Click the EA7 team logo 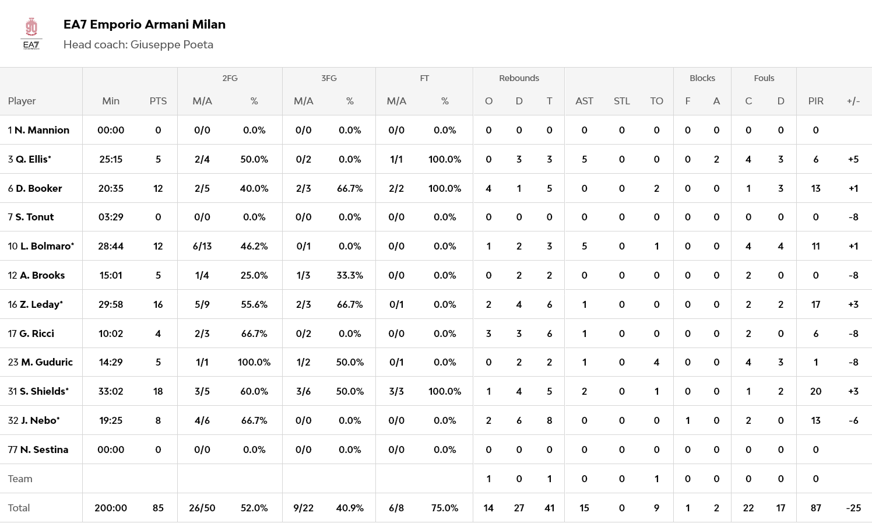click(x=31, y=34)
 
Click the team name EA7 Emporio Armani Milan click(x=144, y=24)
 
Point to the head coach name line click(x=138, y=45)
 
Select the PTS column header click(x=158, y=101)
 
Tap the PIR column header click(x=815, y=101)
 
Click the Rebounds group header click(x=519, y=78)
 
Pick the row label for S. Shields click(x=38, y=391)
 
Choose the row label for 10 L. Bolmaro click(x=41, y=246)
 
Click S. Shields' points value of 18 click(x=158, y=391)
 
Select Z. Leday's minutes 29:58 click(x=111, y=304)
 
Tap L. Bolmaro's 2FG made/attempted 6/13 click(x=202, y=246)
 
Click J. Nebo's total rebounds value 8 click(x=549, y=420)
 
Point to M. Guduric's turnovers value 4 click(x=656, y=362)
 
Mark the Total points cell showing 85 click(x=158, y=508)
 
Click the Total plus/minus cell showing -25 click(x=853, y=508)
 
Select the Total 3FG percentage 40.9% click(x=350, y=508)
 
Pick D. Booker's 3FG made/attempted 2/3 click(x=303, y=188)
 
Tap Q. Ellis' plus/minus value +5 click(x=853, y=159)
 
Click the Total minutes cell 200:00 click(x=111, y=508)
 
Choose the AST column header click(x=584, y=101)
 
